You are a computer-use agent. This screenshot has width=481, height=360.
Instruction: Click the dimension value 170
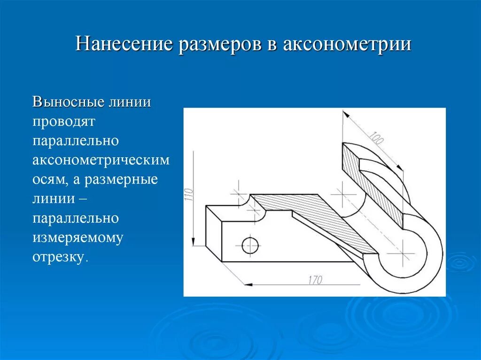coord(315,280)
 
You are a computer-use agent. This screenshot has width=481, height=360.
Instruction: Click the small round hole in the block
coord(250,244)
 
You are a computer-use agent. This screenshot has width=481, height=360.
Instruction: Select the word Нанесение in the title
coord(124,45)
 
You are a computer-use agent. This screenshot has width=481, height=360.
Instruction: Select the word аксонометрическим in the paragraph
coord(101,160)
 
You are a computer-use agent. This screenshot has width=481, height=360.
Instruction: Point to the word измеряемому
coord(78,237)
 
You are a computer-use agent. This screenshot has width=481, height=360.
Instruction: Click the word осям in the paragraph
coord(47,180)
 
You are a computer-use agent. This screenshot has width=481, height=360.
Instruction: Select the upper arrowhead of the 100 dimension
coord(346,114)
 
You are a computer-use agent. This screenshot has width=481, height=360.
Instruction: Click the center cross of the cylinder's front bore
coord(403,253)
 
